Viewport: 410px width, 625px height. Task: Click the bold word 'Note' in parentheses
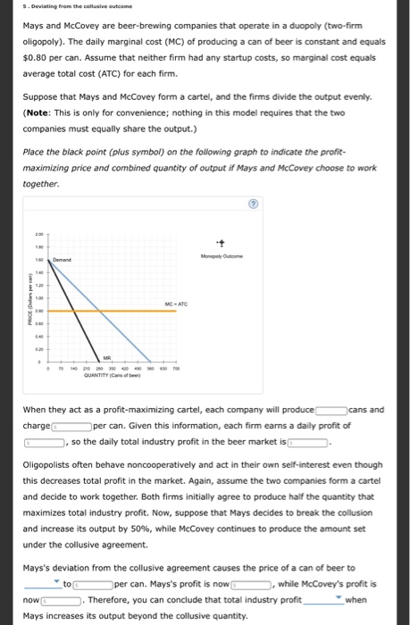point(40,112)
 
